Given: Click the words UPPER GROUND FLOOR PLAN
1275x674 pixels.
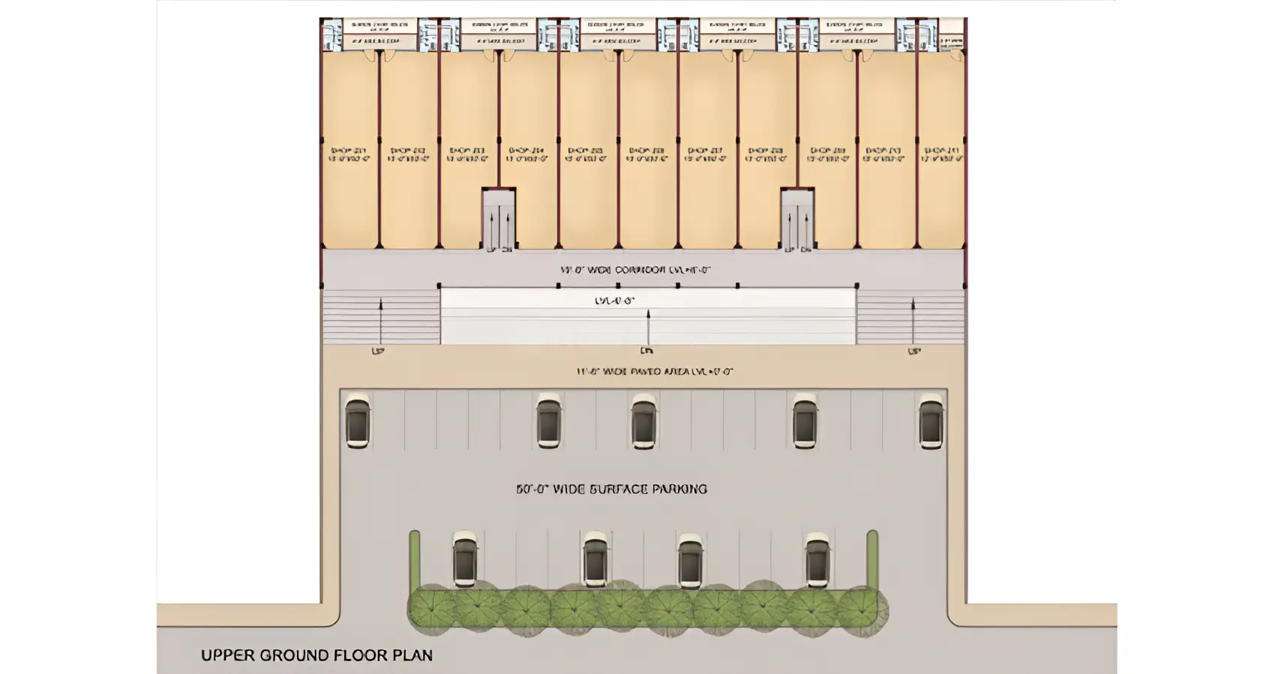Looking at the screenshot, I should (316, 655).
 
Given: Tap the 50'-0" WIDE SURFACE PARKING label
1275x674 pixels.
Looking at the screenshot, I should (611, 489).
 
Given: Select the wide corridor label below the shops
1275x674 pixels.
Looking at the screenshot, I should (635, 269).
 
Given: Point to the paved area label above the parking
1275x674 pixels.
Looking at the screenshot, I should (654, 371).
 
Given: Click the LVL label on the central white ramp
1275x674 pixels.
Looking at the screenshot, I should (614, 301).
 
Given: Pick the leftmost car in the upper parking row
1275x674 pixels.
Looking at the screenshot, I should (357, 421).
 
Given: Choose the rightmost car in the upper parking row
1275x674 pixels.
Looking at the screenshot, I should (931, 421).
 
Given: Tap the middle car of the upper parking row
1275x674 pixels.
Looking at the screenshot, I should (643, 421).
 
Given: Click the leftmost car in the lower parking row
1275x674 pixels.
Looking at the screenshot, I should (465, 560).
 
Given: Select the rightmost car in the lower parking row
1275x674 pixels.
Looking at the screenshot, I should (817, 560).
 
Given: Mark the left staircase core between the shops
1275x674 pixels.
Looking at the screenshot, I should (498, 218).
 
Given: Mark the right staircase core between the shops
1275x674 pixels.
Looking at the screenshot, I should (797, 218).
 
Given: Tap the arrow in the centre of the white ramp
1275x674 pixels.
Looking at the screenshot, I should (648, 327).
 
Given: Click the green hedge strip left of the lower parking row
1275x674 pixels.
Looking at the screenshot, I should (415, 559).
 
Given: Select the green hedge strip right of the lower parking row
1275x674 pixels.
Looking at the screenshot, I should (872, 559).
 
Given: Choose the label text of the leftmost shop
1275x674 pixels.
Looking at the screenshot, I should (349, 155).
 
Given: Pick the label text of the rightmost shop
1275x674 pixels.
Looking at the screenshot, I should (941, 155).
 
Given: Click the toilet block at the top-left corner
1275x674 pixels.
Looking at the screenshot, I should (332, 35).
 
